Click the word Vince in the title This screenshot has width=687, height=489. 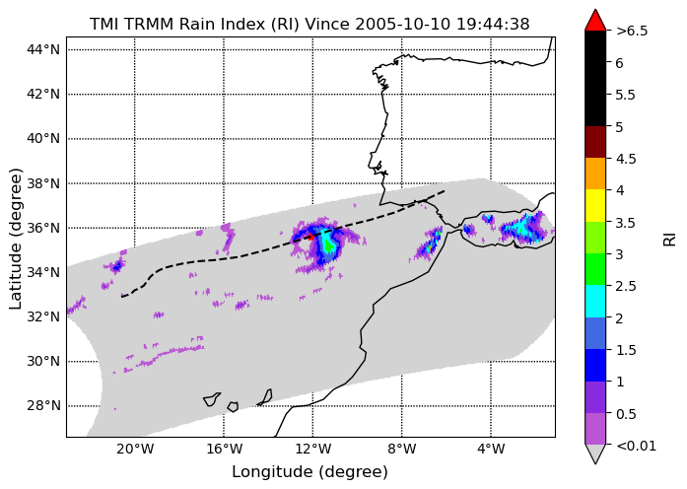click(x=327, y=24)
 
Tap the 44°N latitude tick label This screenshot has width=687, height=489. click(x=43, y=49)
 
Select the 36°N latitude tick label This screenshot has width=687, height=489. click(x=43, y=228)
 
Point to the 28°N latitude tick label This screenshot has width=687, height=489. click(x=43, y=406)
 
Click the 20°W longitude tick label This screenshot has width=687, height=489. click(x=135, y=450)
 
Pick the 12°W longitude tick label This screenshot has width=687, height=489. click(x=312, y=450)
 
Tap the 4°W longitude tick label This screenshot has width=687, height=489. click(x=491, y=450)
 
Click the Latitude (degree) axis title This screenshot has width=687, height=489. click(x=15, y=239)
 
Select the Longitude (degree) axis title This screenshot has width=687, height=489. click(x=309, y=472)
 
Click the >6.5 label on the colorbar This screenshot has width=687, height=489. click(x=632, y=32)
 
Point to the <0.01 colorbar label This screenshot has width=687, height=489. click(x=636, y=446)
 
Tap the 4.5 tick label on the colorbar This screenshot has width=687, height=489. click(x=626, y=159)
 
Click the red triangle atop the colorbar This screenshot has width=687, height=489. click(x=595, y=20)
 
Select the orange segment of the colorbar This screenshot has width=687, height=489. click(x=595, y=174)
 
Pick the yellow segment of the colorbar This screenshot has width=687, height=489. click(x=595, y=205)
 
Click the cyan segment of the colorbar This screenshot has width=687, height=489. click(x=595, y=301)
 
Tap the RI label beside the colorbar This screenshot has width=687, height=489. click(x=670, y=240)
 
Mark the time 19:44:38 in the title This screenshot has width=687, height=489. click(x=493, y=24)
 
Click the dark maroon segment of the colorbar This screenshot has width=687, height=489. click(x=595, y=142)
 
